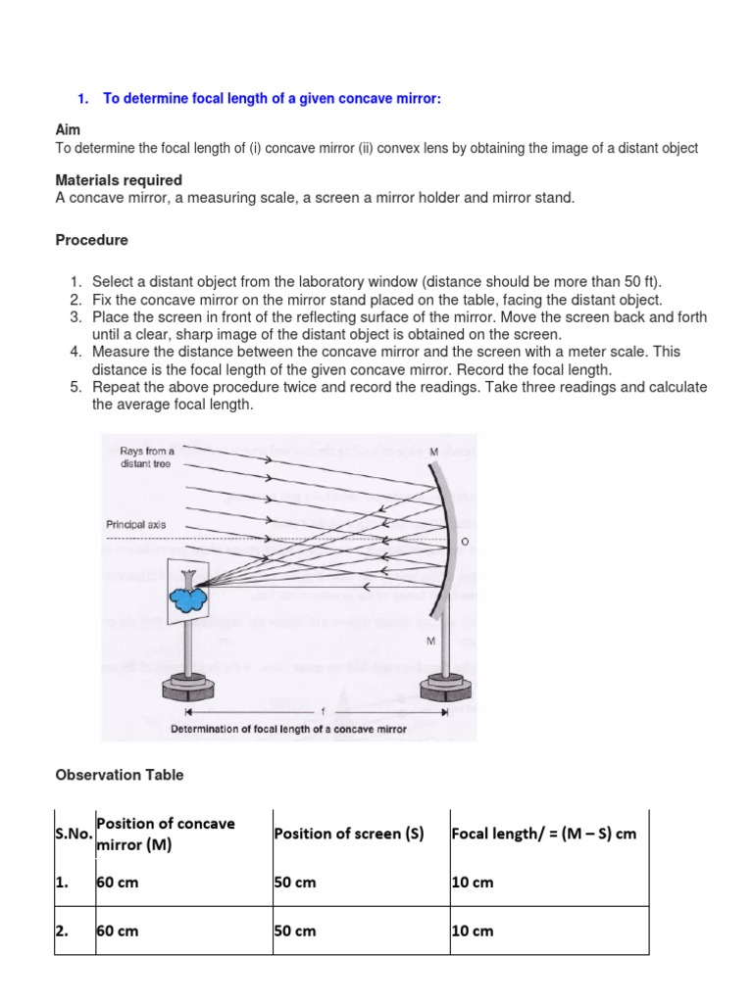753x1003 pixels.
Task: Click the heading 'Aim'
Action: point(68,129)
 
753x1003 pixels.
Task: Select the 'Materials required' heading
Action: point(119,180)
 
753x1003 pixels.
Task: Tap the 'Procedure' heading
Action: point(91,240)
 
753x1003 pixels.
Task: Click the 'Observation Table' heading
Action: point(119,775)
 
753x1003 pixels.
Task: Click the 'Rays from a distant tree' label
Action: point(146,457)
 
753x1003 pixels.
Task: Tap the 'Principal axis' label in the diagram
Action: point(135,525)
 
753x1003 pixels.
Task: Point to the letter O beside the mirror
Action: point(465,541)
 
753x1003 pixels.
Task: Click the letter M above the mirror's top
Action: point(432,452)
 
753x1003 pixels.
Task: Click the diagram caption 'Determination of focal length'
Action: point(289,729)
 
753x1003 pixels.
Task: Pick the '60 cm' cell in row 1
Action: point(117,883)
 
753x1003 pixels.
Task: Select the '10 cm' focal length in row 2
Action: point(473,931)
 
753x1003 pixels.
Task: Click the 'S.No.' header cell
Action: point(75,834)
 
